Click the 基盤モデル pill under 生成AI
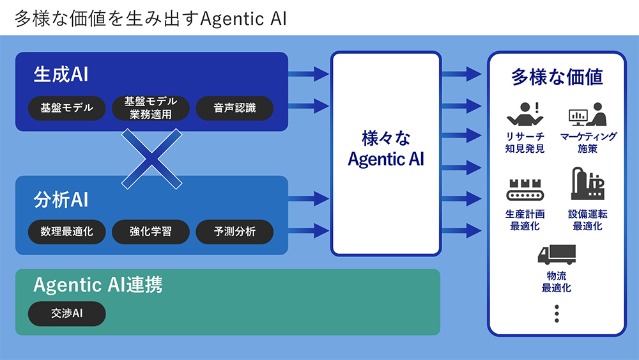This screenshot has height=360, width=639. [66, 108]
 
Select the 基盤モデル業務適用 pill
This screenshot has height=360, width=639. [151, 108]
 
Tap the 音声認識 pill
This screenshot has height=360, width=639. [235, 108]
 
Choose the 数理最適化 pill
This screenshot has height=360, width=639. [66, 231]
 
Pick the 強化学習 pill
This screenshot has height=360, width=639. [151, 231]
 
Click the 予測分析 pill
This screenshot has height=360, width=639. [235, 231]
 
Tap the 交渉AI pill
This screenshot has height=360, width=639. [66, 314]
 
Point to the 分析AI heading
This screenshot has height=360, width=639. [60, 200]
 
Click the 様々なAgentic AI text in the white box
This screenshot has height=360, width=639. [385, 149]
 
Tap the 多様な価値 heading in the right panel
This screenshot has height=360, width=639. [557, 77]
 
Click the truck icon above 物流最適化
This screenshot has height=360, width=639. [557, 254]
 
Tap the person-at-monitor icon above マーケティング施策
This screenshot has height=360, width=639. [587, 115]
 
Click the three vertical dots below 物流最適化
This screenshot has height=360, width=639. [557, 313]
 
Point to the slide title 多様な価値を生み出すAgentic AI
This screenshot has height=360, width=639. [150, 18]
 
